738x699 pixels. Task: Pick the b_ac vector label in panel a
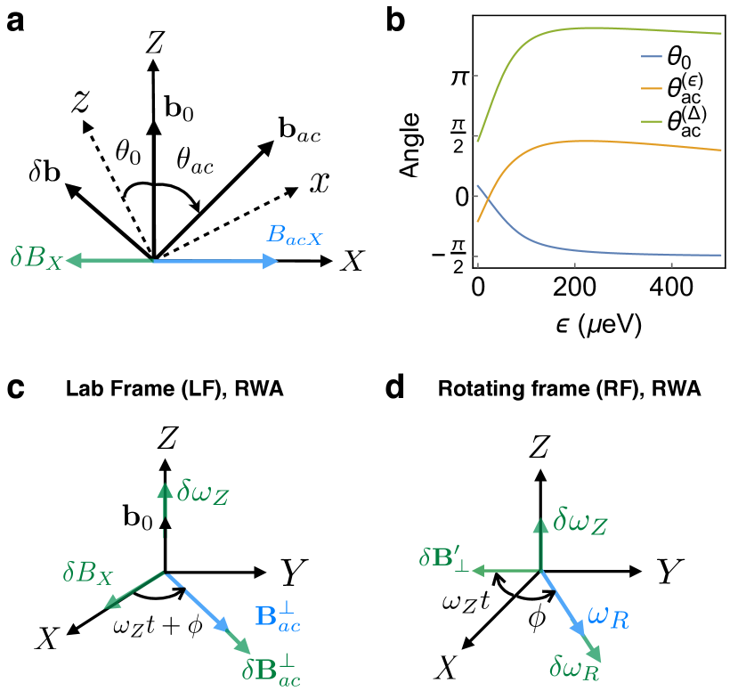(300, 134)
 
